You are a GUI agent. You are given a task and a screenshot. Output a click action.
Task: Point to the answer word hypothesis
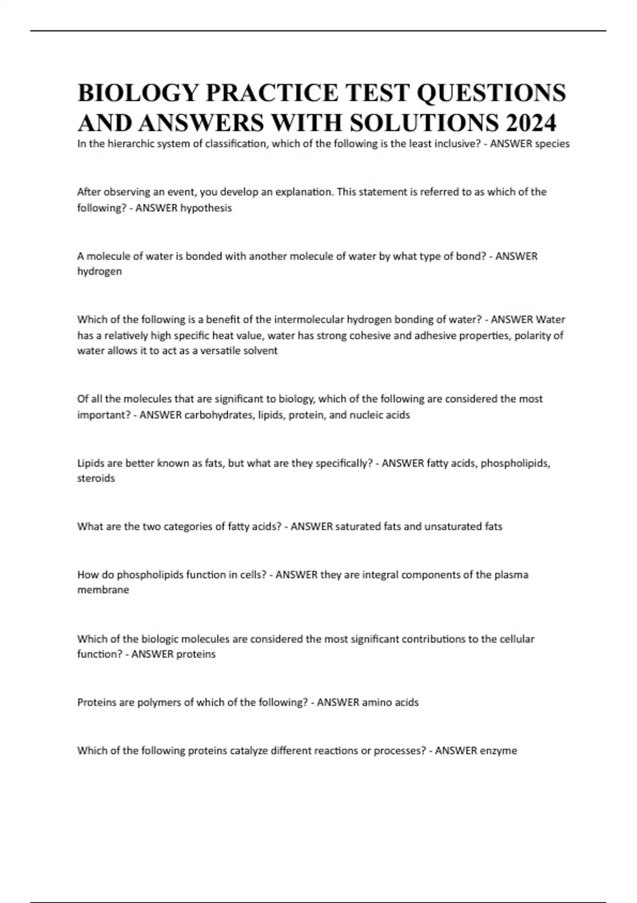pos(206,208)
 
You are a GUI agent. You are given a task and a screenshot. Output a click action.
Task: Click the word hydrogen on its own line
pos(99,271)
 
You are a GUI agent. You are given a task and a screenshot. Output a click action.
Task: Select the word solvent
pos(260,351)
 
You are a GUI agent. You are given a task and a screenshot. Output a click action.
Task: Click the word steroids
pos(96,478)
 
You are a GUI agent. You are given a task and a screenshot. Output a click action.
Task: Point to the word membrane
pos(103,590)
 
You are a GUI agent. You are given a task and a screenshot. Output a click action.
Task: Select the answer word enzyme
pos(498,751)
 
